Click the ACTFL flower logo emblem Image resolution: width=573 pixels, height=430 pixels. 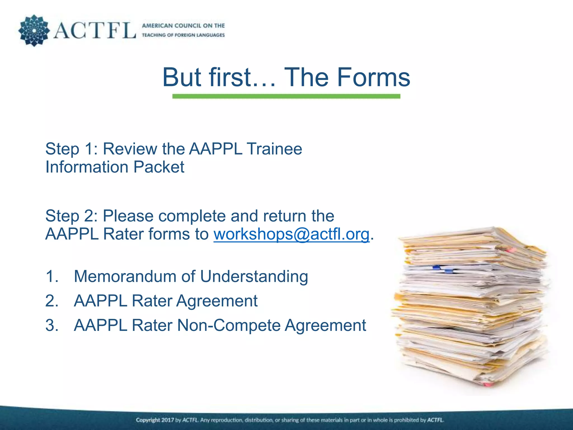34,31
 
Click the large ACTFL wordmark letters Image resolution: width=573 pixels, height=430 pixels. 95,31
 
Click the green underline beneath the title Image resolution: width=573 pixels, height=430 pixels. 286,96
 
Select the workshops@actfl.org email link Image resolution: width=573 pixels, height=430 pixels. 292,234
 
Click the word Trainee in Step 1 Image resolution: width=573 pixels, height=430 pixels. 274,149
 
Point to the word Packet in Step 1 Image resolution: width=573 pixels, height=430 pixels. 159,167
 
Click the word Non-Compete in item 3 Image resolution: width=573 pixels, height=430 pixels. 229,325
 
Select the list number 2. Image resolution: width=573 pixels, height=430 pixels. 52,301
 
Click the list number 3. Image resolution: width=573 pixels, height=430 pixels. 52,325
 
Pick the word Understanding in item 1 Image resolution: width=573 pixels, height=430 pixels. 254,276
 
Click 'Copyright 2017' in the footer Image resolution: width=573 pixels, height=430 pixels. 155,420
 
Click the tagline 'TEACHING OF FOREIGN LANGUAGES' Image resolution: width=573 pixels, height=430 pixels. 183,35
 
